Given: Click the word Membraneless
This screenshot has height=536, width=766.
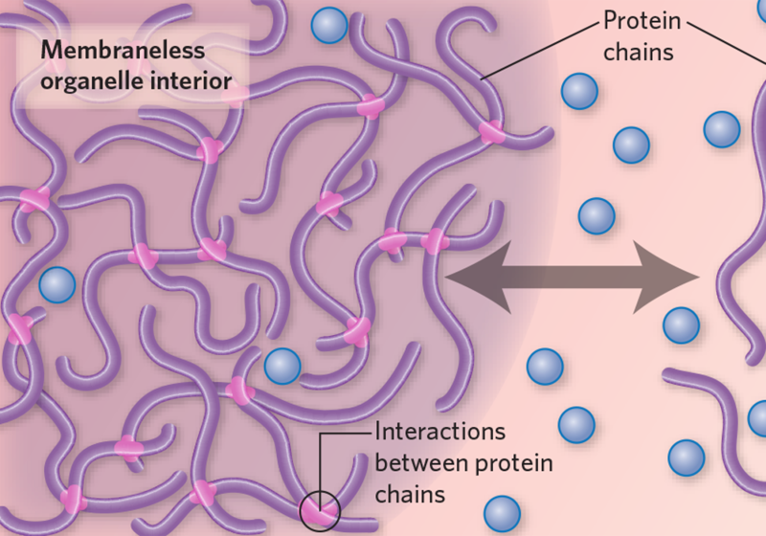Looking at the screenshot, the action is pyautogui.click(x=123, y=51).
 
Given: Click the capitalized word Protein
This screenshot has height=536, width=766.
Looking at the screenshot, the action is pyautogui.click(x=642, y=21).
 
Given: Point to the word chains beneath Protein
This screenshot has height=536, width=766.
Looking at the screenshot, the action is pyautogui.click(x=638, y=52).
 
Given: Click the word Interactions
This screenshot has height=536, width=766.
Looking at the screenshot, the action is pyautogui.click(x=439, y=432).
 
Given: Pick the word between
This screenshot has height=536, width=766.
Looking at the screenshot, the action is pyautogui.click(x=422, y=462).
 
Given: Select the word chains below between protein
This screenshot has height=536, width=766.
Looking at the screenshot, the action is pyautogui.click(x=410, y=494).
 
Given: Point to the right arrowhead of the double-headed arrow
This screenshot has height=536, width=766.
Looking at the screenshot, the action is pyautogui.click(x=666, y=277).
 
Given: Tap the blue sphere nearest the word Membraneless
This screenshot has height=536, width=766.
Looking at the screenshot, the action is pyautogui.click(x=329, y=26).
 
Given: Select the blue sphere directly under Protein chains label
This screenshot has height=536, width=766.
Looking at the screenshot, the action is pyautogui.click(x=579, y=91).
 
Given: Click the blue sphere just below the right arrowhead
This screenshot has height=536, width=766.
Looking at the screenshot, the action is pyautogui.click(x=681, y=325).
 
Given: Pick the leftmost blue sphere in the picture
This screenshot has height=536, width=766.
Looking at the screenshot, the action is pyautogui.click(x=57, y=284).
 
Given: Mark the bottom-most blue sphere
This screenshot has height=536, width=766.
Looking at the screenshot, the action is pyautogui.click(x=502, y=514).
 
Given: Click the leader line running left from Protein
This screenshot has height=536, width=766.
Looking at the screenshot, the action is pyautogui.click(x=540, y=51).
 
